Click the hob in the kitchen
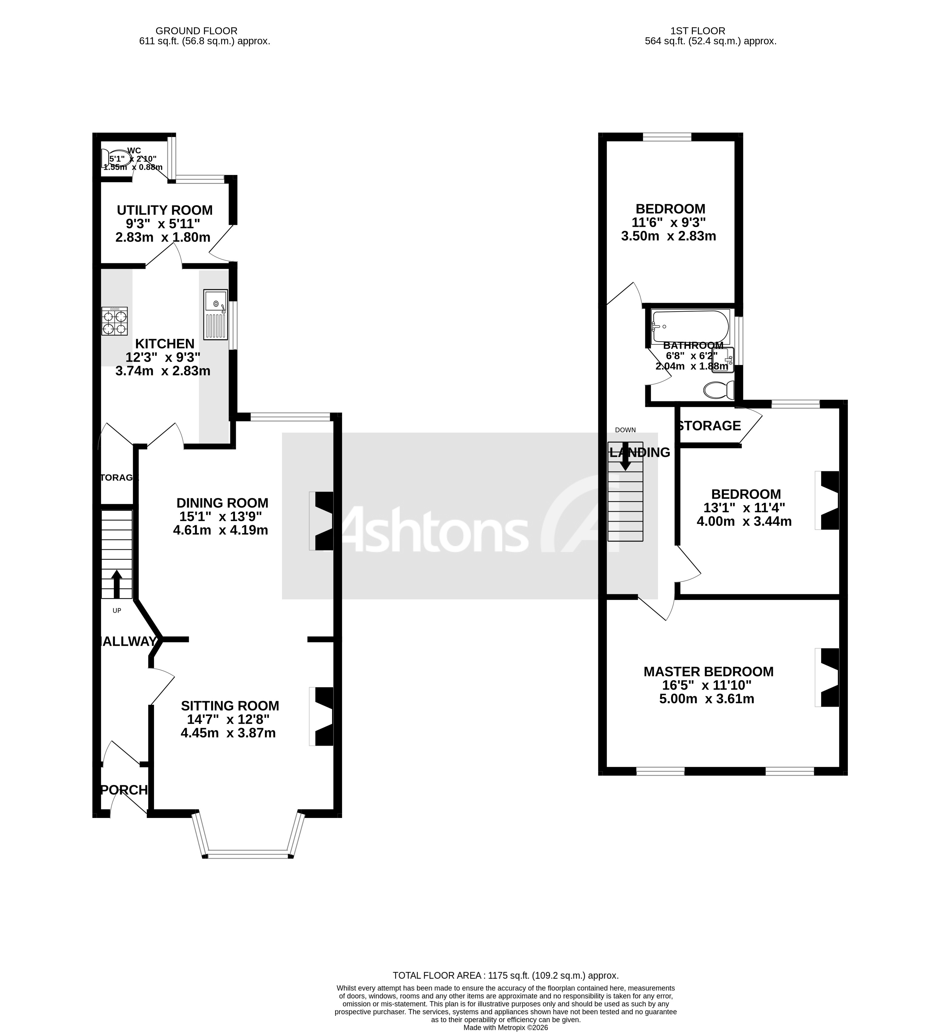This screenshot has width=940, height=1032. pos(114,321)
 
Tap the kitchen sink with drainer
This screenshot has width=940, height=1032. pos(215,314)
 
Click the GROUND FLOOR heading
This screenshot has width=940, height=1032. pos(196,31)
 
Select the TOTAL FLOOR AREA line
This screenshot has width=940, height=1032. pos(505,976)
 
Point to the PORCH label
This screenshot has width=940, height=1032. pos(124,790)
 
